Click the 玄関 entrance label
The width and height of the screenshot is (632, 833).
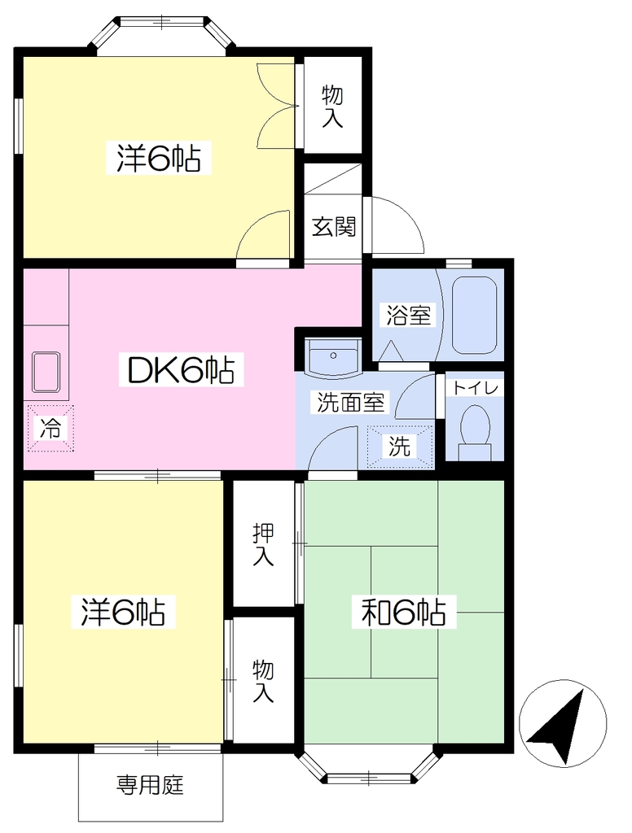[x=334, y=228]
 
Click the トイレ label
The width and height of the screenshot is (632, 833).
[x=475, y=388]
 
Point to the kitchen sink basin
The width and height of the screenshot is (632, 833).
[x=46, y=372]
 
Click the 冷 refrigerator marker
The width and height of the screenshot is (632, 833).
[x=50, y=428]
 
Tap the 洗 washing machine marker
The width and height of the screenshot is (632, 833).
[x=399, y=447]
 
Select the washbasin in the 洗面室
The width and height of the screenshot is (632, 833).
[x=333, y=357]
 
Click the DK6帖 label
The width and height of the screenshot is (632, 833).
[x=182, y=370]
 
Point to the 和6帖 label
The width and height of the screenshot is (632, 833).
[x=403, y=612]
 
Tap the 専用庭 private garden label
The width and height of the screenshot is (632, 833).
[x=150, y=785]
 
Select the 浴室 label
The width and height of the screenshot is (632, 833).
[x=408, y=316]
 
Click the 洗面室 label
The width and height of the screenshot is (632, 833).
[x=350, y=402]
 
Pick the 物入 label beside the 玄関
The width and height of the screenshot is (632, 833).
[x=332, y=107]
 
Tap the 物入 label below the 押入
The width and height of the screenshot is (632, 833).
[x=263, y=681]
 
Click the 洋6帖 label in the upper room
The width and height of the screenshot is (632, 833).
[x=159, y=158]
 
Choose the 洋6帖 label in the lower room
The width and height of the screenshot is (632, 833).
[x=123, y=612]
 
